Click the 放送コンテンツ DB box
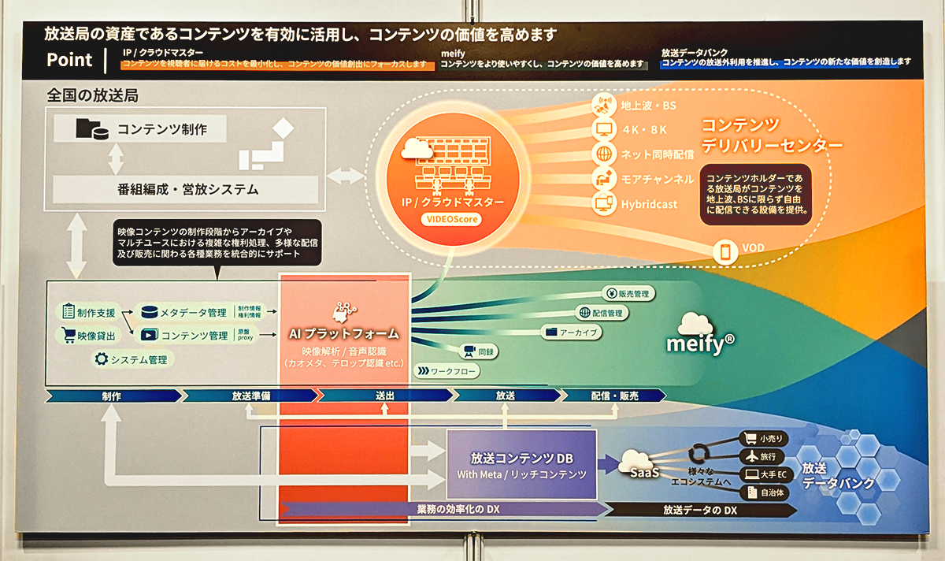[521, 464]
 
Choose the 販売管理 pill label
[629, 294]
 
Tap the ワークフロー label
[448, 370]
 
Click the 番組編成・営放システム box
[185, 189]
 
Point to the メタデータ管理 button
[183, 312]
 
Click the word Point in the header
[70, 60]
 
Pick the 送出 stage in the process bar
[384, 396]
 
